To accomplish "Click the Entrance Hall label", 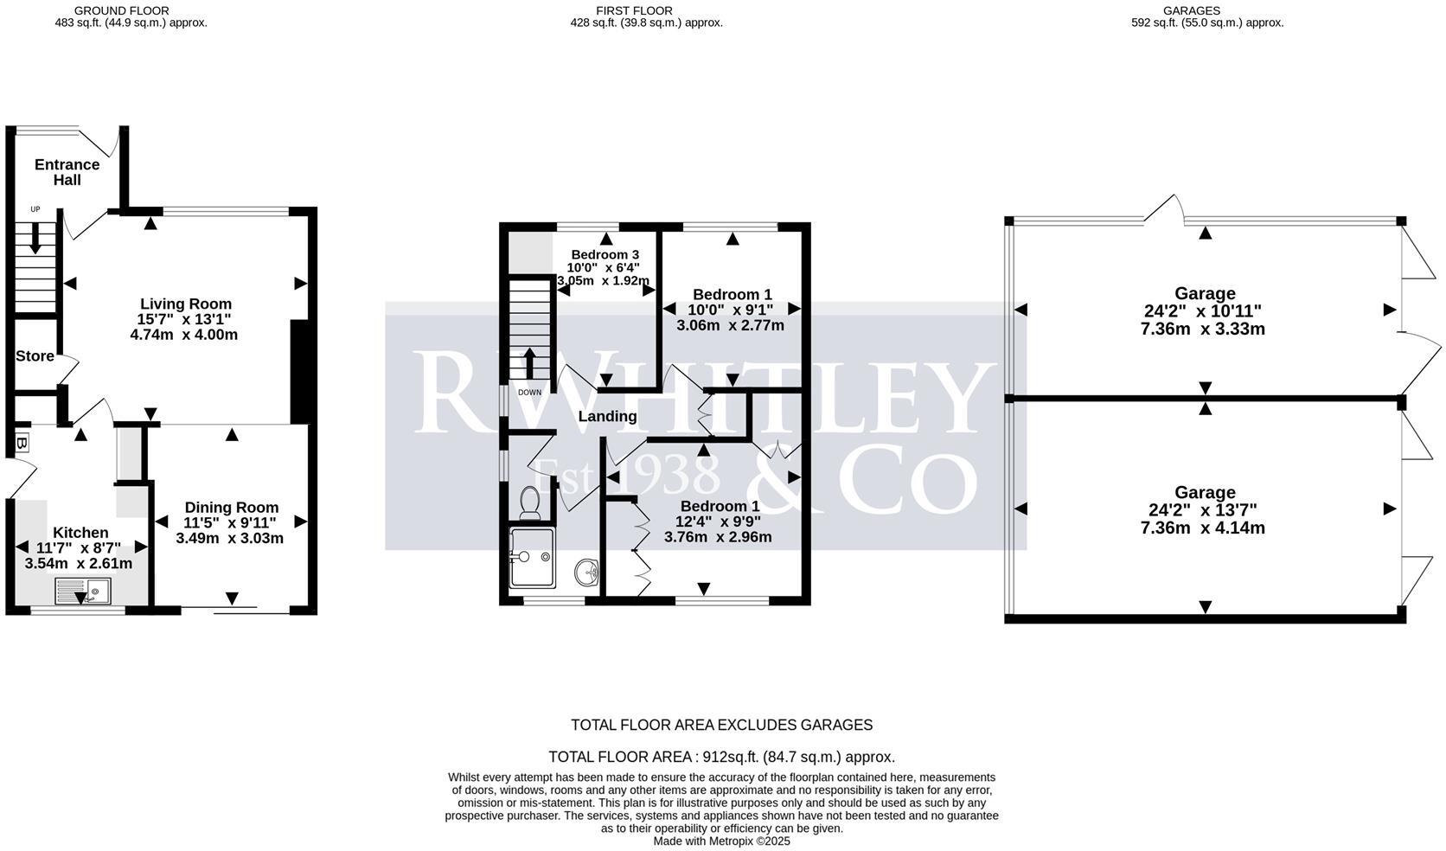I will [x=67, y=172].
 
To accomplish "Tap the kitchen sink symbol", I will [x=82, y=592].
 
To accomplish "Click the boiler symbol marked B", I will [x=22, y=444].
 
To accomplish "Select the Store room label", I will [x=35, y=356].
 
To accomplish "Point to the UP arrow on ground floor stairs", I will [x=35, y=238].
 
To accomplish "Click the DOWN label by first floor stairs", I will [x=529, y=393].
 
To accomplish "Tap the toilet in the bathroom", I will [x=529, y=502].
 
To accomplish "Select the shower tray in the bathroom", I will [x=532, y=557].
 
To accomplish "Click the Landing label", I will [x=607, y=417].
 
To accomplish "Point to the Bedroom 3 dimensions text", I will [x=604, y=274].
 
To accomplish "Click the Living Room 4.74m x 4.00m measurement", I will [x=184, y=335].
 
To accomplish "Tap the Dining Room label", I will [x=232, y=508].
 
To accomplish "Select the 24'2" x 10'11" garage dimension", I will [x=1203, y=311].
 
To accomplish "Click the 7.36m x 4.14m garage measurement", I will [x=1203, y=528].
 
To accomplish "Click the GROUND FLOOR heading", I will [x=122, y=10].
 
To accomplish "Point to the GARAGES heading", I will [x=1191, y=10].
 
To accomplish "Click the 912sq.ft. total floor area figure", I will [x=730, y=757].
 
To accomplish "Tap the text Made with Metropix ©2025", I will [x=721, y=841].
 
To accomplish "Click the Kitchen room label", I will [x=80, y=533].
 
